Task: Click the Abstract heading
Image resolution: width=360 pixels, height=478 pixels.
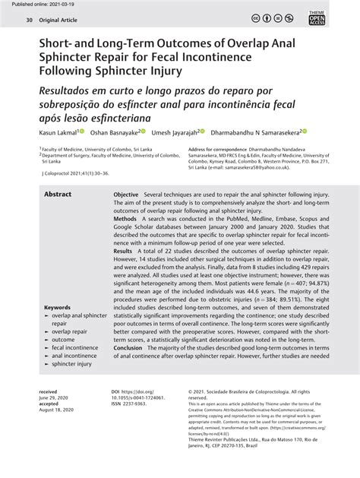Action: point(58,195)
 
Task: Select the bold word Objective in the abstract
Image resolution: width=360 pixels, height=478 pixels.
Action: point(126,195)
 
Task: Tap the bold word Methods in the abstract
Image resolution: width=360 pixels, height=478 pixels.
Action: point(125,218)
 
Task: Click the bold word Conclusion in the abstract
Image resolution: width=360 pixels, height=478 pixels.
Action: point(131,347)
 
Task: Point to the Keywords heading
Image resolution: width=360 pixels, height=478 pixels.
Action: point(58,308)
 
